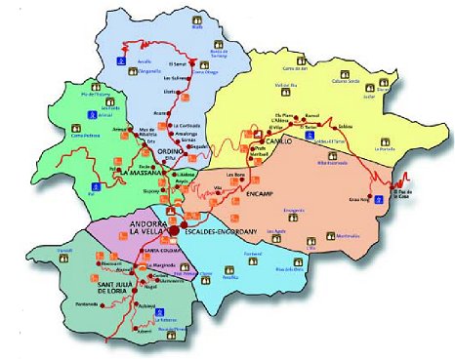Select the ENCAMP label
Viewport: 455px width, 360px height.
[x=266, y=193]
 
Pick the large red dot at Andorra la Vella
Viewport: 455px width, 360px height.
[x=172, y=231]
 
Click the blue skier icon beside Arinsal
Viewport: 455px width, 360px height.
[x=79, y=124]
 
